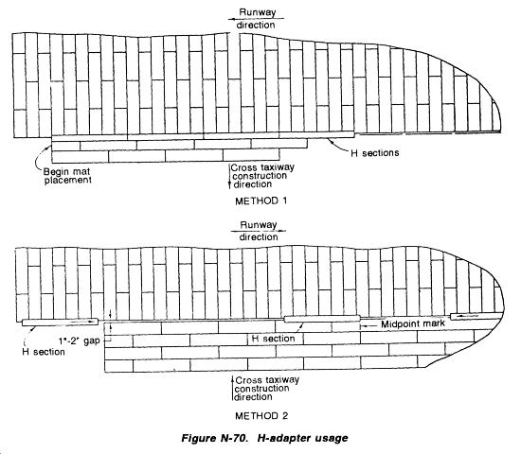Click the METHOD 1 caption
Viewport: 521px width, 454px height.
(260, 201)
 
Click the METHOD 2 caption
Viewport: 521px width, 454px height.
(261, 416)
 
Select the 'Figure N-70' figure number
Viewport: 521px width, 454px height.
(214, 439)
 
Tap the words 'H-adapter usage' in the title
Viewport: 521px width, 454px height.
(303, 439)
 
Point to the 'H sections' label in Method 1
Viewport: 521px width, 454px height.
(375, 153)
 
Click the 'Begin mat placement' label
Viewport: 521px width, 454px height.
(67, 176)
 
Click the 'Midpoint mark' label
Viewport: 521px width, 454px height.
(413, 323)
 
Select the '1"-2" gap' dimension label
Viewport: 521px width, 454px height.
(79, 340)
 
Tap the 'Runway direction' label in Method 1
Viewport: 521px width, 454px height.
(256, 19)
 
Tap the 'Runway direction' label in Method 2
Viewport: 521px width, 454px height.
(259, 231)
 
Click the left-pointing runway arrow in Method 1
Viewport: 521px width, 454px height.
(252, 19)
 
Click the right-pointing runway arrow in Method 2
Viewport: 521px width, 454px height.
(259, 231)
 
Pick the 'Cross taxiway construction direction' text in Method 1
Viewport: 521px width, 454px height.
(262, 176)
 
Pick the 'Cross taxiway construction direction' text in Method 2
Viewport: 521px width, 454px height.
(267, 389)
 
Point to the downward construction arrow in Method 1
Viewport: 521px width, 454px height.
(229, 176)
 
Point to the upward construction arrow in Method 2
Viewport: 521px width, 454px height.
(233, 389)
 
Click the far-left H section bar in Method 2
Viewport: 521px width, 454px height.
(60, 322)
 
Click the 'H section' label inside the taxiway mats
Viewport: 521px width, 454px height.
(274, 339)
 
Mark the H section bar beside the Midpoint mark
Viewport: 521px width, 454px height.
(322, 319)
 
